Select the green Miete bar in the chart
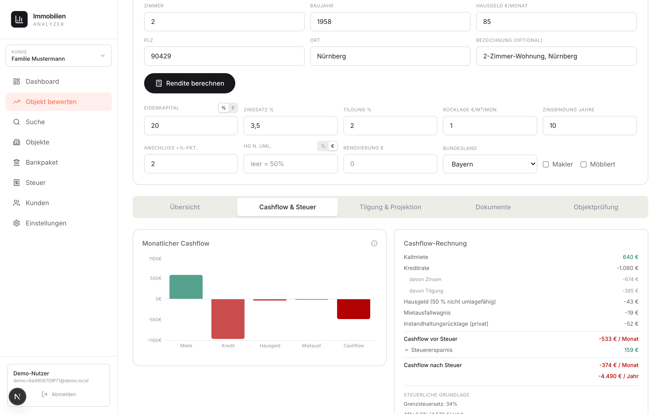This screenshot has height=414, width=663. tap(186, 287)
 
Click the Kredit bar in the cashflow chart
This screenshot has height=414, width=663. tap(228, 319)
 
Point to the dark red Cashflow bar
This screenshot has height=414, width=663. tap(353, 309)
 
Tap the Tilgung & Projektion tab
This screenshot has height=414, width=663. tap(390, 207)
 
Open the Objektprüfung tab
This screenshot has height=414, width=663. tap(596, 207)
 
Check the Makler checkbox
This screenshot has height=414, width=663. tap(546, 164)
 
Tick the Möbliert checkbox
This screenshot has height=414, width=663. tap(584, 164)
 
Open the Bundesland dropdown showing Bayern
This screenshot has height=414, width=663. tap(490, 164)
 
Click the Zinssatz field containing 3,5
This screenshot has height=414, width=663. tap(290, 126)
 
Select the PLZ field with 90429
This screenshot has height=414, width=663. tap(224, 56)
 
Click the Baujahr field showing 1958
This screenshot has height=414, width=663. tap(390, 22)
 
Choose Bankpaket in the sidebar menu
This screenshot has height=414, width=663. tap(42, 162)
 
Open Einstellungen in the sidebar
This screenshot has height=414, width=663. tap(46, 223)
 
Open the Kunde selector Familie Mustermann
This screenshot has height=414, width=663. tap(59, 56)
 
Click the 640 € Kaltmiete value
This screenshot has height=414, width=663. tap(630, 257)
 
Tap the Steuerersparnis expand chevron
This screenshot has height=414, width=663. tap(407, 350)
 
